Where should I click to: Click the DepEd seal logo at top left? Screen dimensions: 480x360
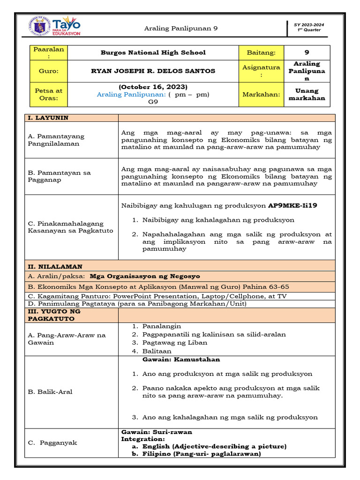[40, 26]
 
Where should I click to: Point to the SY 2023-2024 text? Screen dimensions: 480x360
[309, 24]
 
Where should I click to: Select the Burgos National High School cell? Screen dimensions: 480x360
[153, 52]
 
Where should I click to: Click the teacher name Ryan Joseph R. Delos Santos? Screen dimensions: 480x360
[153, 71]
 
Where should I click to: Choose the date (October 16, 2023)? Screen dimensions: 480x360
[153, 87]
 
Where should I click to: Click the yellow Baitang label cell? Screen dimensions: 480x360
[262, 52]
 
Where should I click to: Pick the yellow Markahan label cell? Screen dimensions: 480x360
[262, 94]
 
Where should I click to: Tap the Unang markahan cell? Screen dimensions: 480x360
[307, 94]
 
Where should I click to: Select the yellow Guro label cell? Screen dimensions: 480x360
[49, 71]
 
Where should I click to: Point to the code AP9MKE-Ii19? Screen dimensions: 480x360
[296, 205]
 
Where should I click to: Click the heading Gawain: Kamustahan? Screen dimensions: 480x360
[181, 360]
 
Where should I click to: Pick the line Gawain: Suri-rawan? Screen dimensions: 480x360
[157, 432]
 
